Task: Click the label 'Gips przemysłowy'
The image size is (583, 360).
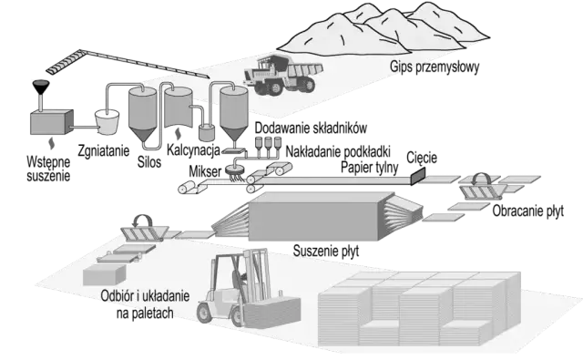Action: pos(435,67)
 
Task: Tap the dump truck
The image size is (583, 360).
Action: pos(283,75)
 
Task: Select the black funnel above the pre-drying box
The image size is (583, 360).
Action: pos(40,87)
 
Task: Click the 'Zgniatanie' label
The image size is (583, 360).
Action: pos(104,150)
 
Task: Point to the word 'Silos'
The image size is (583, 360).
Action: pos(149,162)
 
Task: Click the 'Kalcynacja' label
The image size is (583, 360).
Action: pos(193,150)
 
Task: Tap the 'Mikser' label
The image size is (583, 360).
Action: pos(205,171)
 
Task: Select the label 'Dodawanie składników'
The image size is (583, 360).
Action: pos(311,128)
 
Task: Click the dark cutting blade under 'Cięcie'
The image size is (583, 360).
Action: pos(418,176)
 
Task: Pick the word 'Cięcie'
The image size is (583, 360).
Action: pos(422,158)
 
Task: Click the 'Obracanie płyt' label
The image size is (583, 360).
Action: pos(528,211)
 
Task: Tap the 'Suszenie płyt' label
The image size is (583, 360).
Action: pos(326,251)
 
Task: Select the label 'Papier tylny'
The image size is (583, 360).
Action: pos(370,168)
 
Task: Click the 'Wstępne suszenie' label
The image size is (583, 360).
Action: pos(48,169)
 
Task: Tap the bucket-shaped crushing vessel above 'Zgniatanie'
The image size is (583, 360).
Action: pos(107,121)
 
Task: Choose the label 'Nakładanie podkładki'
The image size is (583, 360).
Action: pos(338,151)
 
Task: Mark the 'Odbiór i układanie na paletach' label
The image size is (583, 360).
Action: pos(145,304)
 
